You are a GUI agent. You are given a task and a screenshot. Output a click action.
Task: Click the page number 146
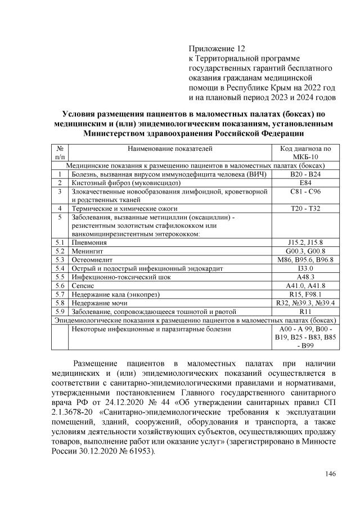pyautogui.click(x=330, y=473)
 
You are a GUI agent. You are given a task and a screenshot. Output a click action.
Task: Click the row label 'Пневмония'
pyautogui.click(x=90, y=242)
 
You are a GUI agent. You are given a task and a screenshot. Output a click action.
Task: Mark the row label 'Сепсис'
pyautogui.click(x=83, y=285)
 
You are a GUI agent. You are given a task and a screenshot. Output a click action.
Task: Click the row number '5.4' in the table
pyautogui.click(x=60, y=268)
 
